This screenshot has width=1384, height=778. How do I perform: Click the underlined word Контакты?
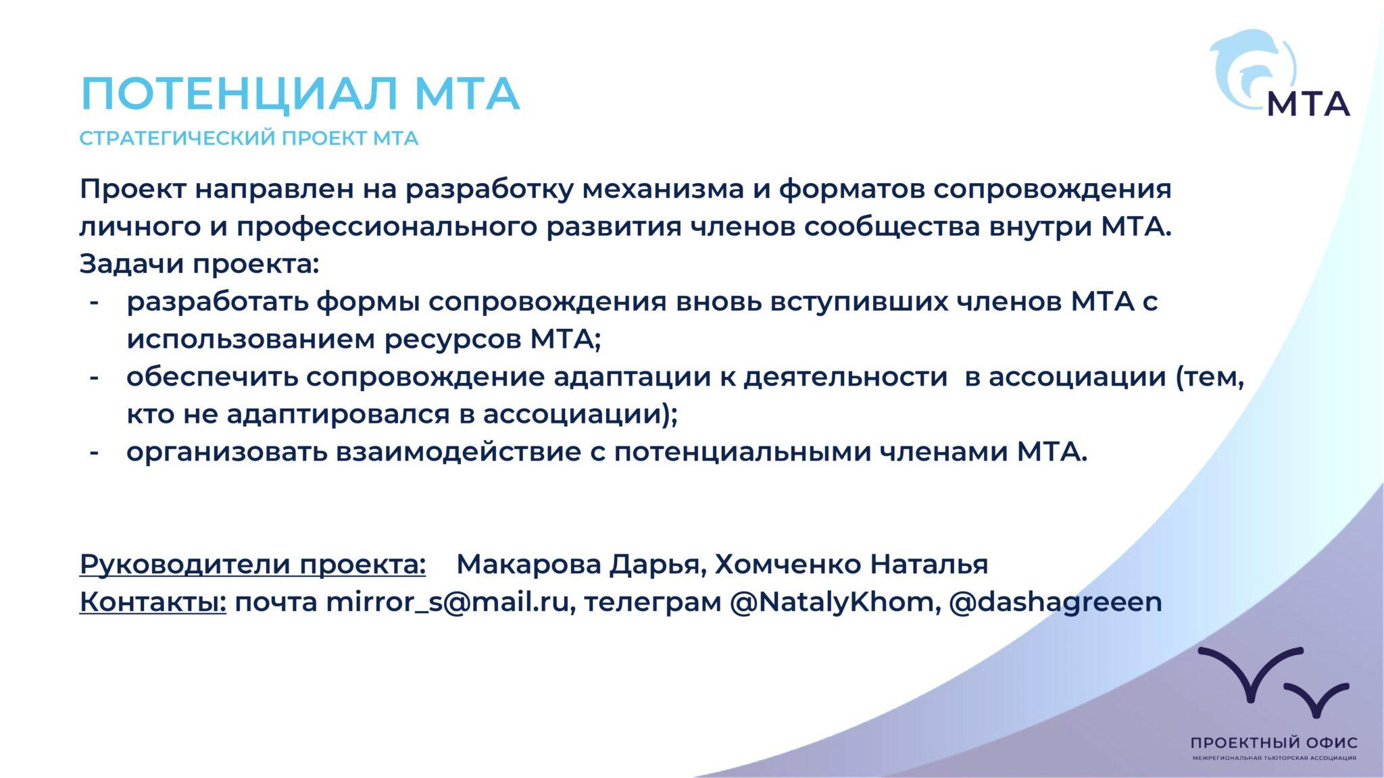153,602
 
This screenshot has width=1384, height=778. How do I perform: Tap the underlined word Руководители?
184,564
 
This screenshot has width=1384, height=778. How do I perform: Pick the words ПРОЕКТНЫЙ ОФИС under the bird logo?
1274,743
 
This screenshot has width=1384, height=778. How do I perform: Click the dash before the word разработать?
95,302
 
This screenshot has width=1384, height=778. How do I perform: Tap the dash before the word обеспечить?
95,378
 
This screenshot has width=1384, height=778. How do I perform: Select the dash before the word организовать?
95,452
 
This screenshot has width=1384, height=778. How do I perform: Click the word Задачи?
132,264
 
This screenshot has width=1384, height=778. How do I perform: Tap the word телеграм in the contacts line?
652,602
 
